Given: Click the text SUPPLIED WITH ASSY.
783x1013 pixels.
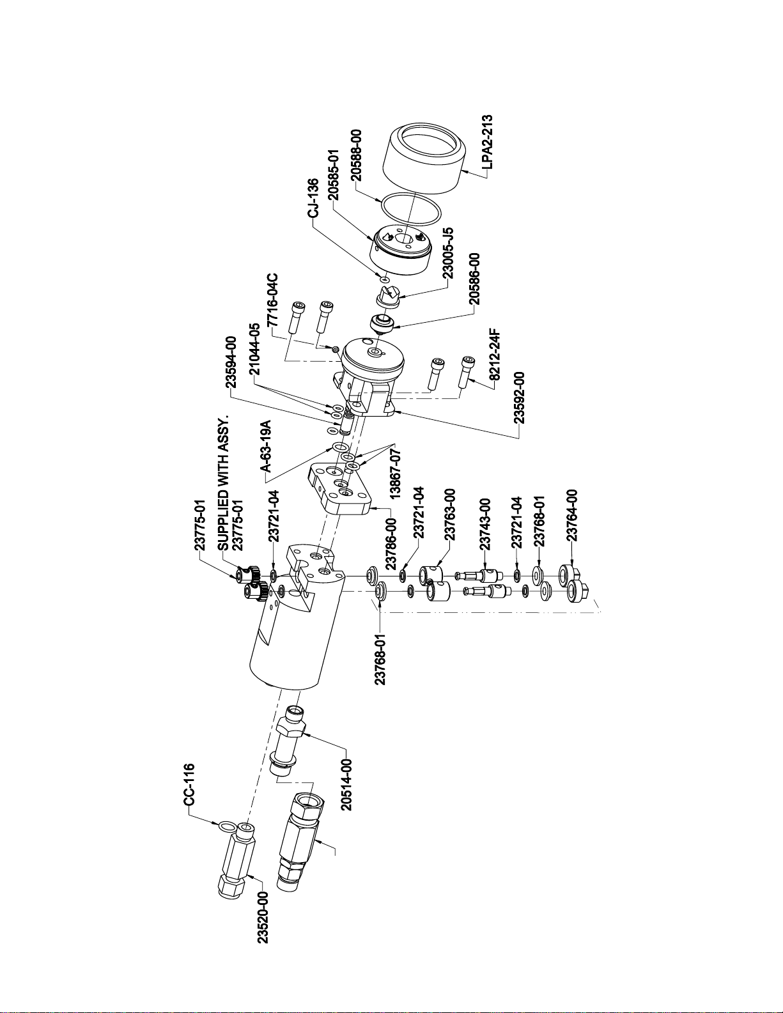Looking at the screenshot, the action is [224, 481].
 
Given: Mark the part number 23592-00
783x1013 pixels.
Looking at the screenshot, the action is [520, 397].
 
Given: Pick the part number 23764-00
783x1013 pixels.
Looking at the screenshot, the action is [572, 514].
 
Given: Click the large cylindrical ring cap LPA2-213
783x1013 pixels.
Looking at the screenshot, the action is [424, 160].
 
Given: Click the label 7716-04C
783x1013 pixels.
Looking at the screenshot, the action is [273, 299].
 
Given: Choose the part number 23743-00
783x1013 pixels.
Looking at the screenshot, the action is [485, 523].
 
